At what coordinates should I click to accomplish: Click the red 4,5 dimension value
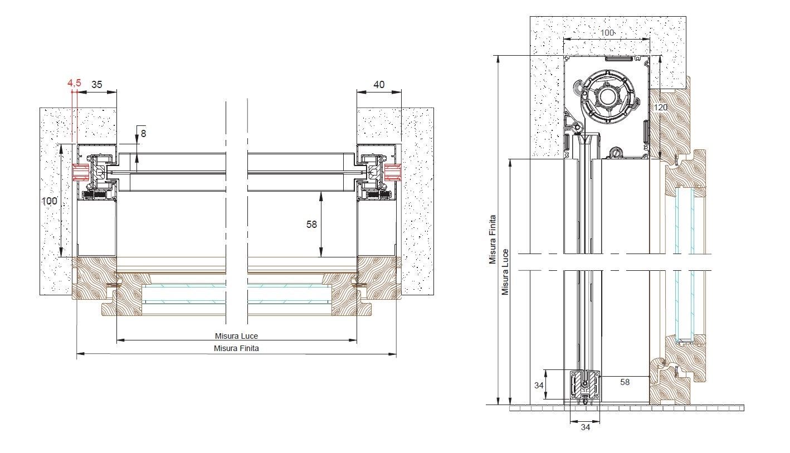click(75, 83)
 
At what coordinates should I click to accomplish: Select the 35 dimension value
click(96, 85)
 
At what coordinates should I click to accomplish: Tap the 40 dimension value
click(379, 85)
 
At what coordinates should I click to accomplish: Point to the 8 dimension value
click(143, 133)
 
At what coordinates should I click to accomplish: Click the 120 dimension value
click(661, 107)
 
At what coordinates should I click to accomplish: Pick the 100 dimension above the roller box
click(607, 33)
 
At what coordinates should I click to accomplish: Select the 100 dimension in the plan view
click(50, 201)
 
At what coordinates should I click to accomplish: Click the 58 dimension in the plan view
click(311, 225)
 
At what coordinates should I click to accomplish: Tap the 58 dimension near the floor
click(625, 382)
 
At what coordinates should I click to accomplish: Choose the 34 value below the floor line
click(585, 427)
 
